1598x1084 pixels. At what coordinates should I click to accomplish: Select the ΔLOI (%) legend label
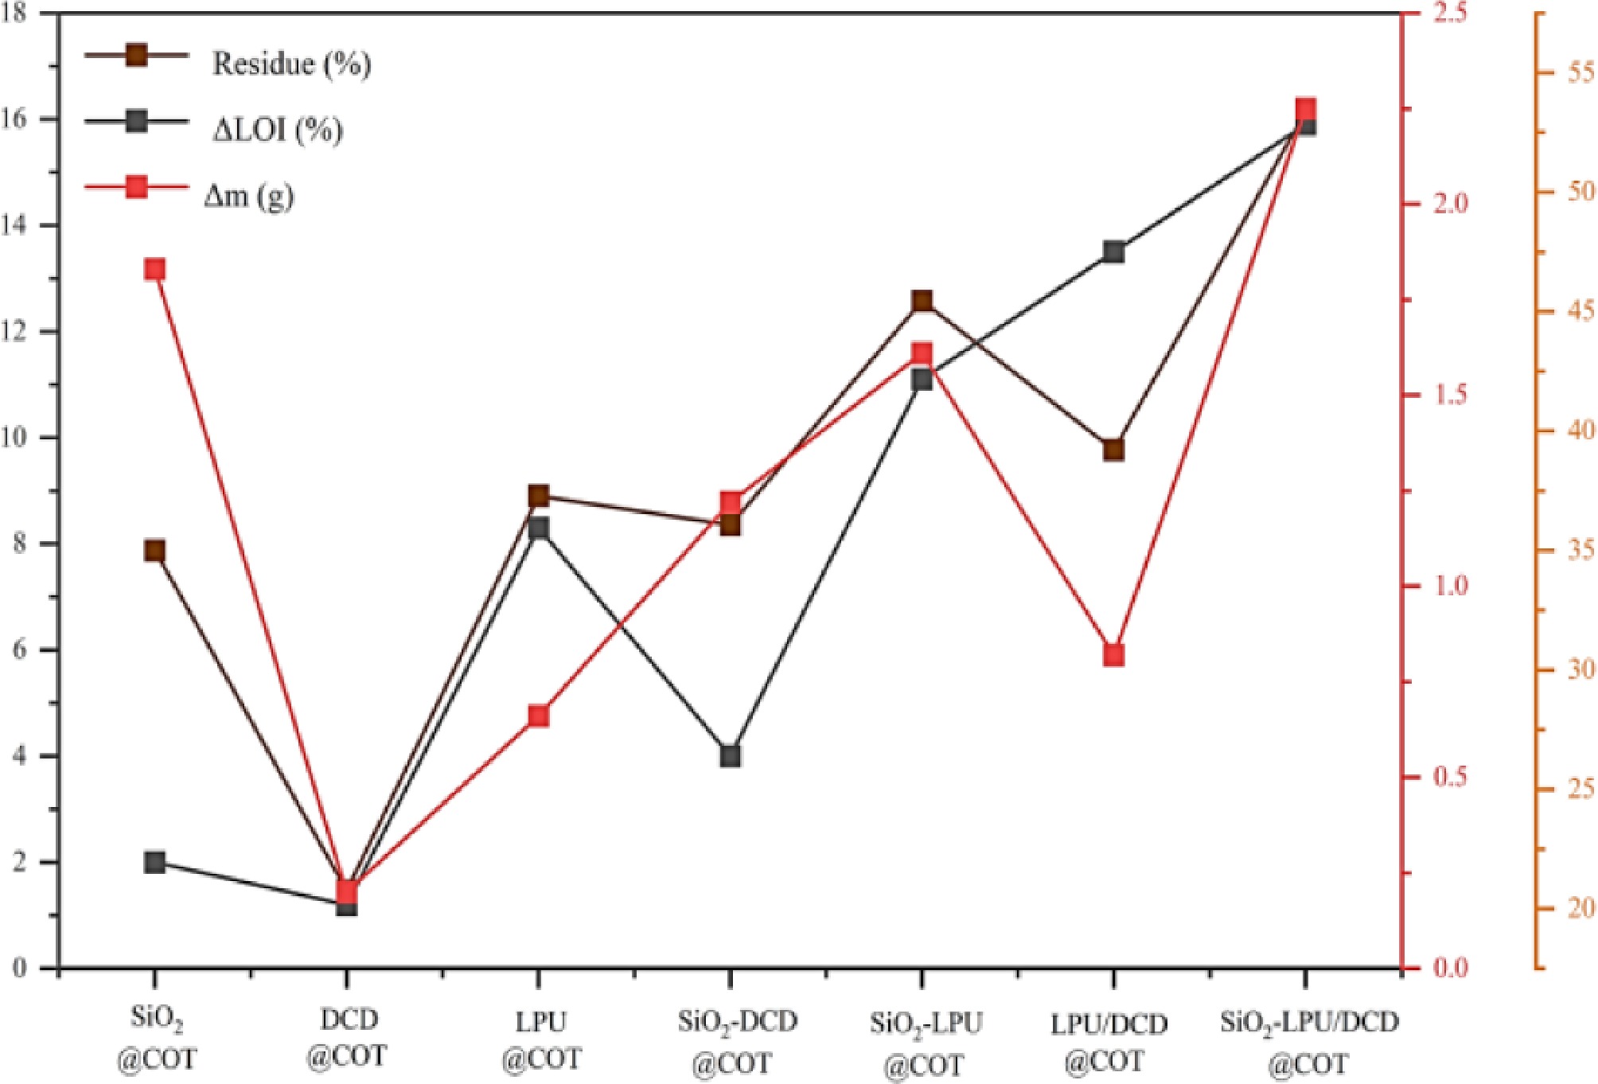[x=277, y=129]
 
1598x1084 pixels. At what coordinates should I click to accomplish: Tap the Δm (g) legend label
[x=249, y=195]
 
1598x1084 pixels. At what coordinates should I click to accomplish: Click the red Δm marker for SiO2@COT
[x=154, y=270]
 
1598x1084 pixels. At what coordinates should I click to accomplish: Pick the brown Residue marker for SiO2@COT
[x=154, y=551]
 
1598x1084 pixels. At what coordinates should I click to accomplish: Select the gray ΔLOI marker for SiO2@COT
[x=154, y=862]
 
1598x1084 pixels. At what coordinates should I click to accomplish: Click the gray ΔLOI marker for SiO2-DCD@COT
[x=731, y=755]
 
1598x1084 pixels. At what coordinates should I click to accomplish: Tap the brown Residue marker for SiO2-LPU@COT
[x=922, y=301]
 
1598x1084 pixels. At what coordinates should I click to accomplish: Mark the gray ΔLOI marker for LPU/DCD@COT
[x=1113, y=252]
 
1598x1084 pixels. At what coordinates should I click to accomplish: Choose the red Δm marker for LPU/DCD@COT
[x=1113, y=655]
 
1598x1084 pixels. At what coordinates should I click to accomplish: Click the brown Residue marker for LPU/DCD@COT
[x=1113, y=450]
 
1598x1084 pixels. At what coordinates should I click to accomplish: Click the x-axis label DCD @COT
[x=347, y=1038]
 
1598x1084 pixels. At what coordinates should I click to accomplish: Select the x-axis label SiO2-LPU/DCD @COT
[x=1308, y=1042]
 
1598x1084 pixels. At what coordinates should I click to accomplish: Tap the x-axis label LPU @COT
[x=541, y=1040]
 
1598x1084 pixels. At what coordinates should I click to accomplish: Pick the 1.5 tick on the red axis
[x=1450, y=395]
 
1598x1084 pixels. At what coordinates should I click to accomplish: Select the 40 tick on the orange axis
[x=1580, y=431]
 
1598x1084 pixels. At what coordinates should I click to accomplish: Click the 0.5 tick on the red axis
[x=1450, y=777]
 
